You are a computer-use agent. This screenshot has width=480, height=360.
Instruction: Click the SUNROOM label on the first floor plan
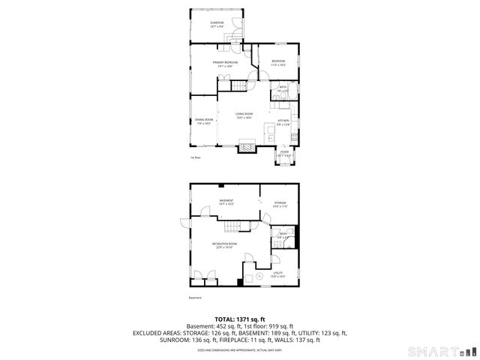[217, 23]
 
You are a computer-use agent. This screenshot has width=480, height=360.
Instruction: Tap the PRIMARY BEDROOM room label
[225, 62]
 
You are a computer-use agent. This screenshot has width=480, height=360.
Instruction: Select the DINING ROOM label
[203, 120]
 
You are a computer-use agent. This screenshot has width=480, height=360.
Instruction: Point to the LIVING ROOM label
[244, 114]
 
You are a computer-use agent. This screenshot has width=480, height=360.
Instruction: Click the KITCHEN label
[283, 121]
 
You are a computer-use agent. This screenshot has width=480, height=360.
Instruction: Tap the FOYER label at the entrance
[284, 151]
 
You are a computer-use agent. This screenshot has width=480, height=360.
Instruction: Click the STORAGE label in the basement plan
[280, 202]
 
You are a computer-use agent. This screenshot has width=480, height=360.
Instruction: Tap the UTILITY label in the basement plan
[277, 272]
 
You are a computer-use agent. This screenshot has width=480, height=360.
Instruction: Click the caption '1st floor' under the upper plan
[195, 158]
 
